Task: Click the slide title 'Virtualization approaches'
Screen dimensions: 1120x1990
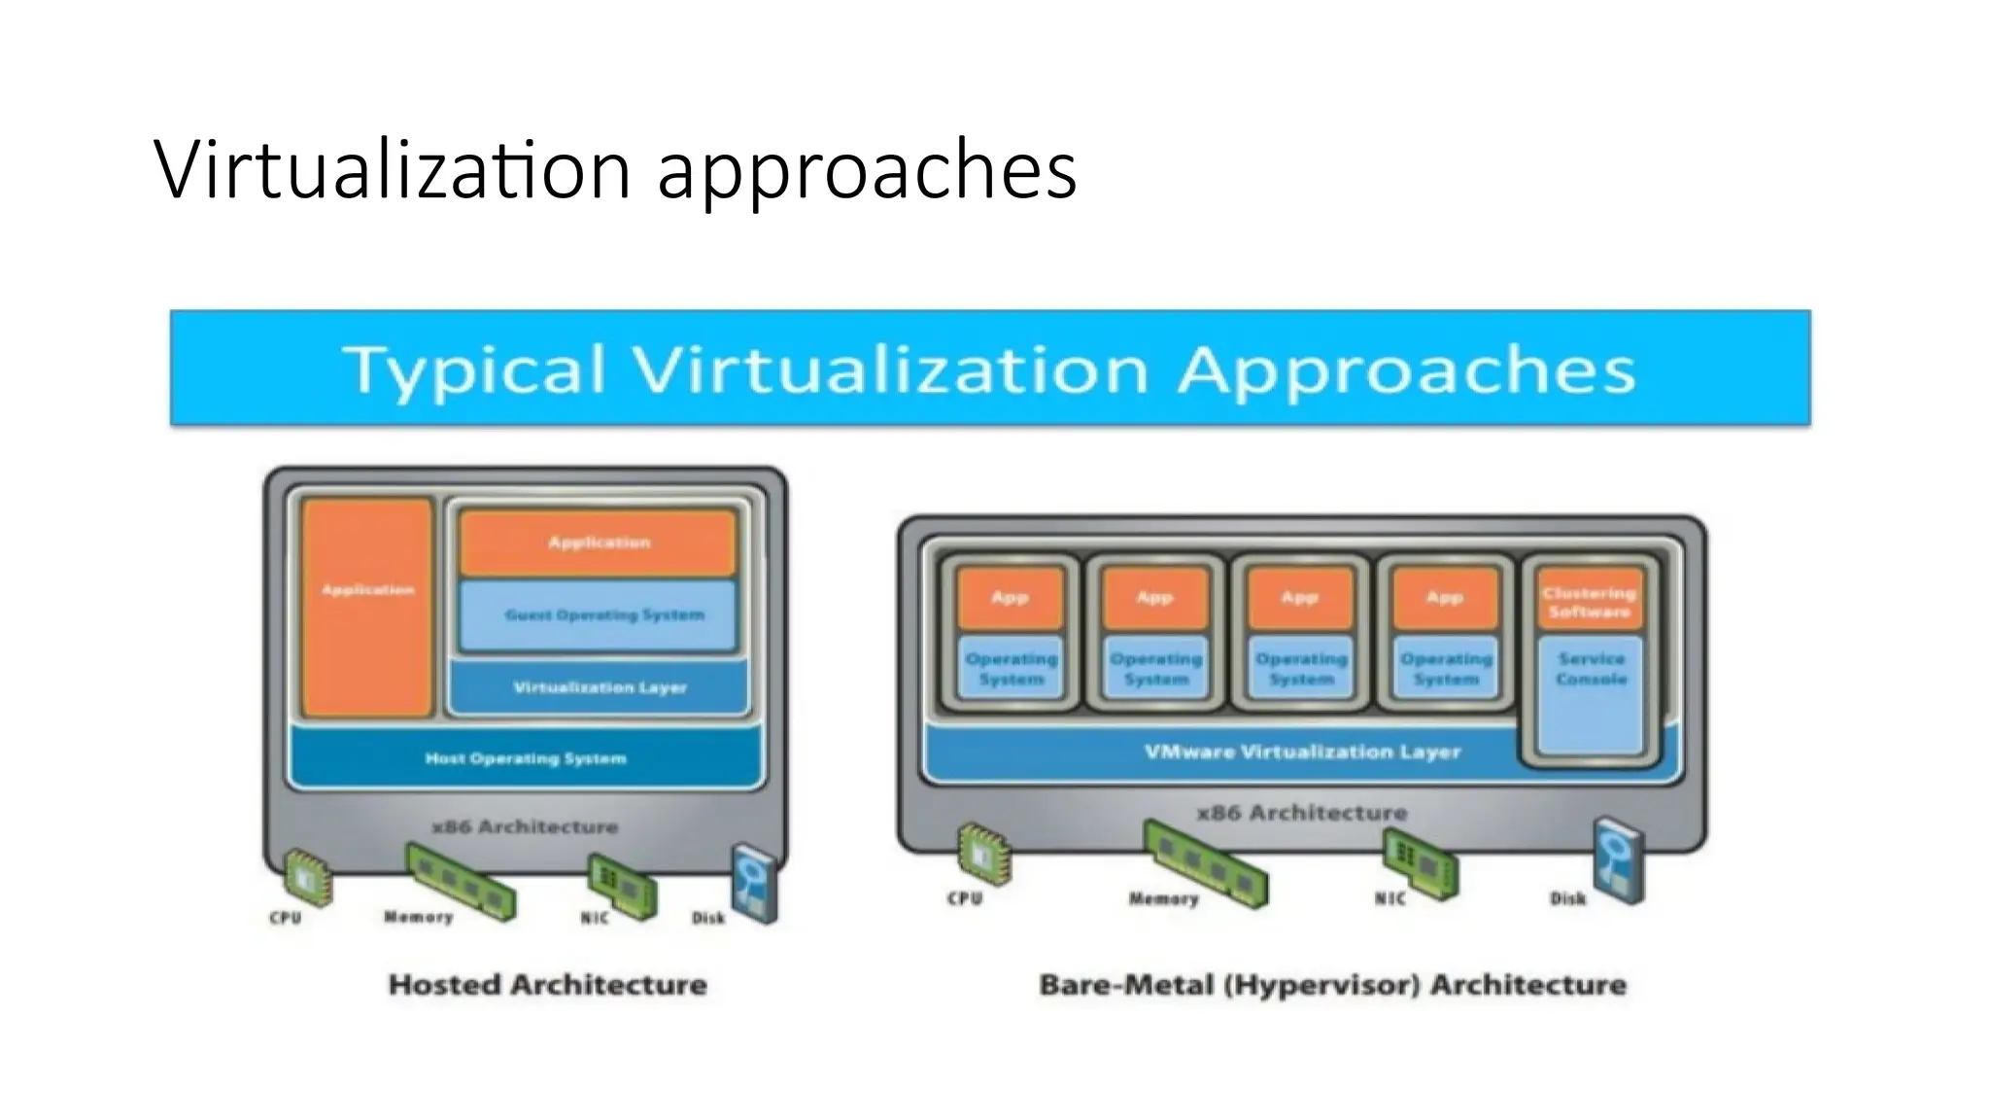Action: click(615, 170)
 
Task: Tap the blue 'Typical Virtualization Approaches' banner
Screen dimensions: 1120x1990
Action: click(989, 368)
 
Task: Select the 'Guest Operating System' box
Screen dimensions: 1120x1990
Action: click(599, 614)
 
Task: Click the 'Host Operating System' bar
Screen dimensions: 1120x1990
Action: click(525, 757)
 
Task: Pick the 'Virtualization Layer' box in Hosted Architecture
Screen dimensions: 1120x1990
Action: click(599, 687)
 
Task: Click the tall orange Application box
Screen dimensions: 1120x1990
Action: click(367, 608)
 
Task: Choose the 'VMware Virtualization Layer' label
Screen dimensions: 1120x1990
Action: click(1302, 752)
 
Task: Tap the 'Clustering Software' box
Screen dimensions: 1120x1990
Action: click(1590, 602)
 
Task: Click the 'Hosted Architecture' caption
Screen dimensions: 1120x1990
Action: click(547, 985)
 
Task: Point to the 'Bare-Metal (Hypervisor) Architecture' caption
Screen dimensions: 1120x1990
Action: click(1332, 985)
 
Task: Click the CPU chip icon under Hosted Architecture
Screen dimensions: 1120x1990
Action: click(307, 877)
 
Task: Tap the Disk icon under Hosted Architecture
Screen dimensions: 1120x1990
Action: click(754, 883)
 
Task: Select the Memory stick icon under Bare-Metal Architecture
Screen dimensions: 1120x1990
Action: click(1205, 863)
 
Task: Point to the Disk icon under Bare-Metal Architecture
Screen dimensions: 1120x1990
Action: click(1618, 861)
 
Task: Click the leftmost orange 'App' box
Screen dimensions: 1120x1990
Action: click(1010, 597)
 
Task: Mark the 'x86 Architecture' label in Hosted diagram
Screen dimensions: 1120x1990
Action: click(525, 826)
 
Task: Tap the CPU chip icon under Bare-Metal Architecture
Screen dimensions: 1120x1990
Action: click(984, 855)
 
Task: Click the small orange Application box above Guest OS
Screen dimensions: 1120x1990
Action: click(599, 542)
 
